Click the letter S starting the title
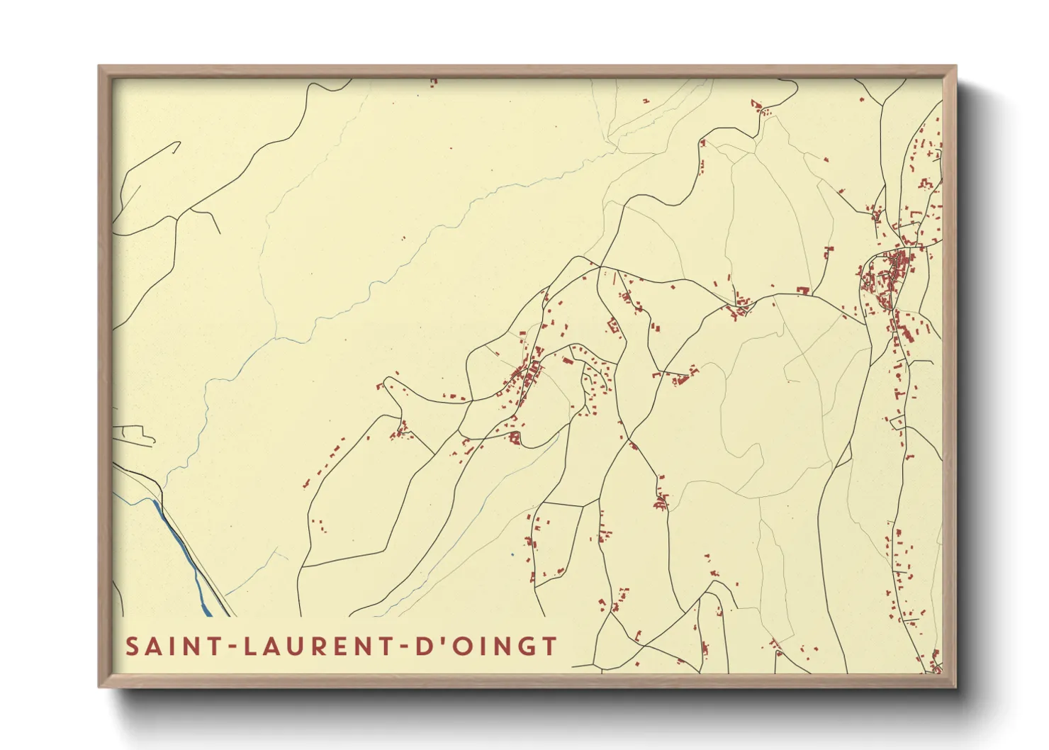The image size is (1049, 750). pyautogui.click(x=133, y=647)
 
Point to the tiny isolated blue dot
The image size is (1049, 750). pyautogui.click(x=512, y=554)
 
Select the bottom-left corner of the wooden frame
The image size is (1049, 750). pyautogui.click(x=100, y=685)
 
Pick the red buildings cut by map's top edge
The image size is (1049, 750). pyautogui.click(x=433, y=82)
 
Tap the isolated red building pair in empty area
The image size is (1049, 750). pyautogui.click(x=404, y=240)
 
